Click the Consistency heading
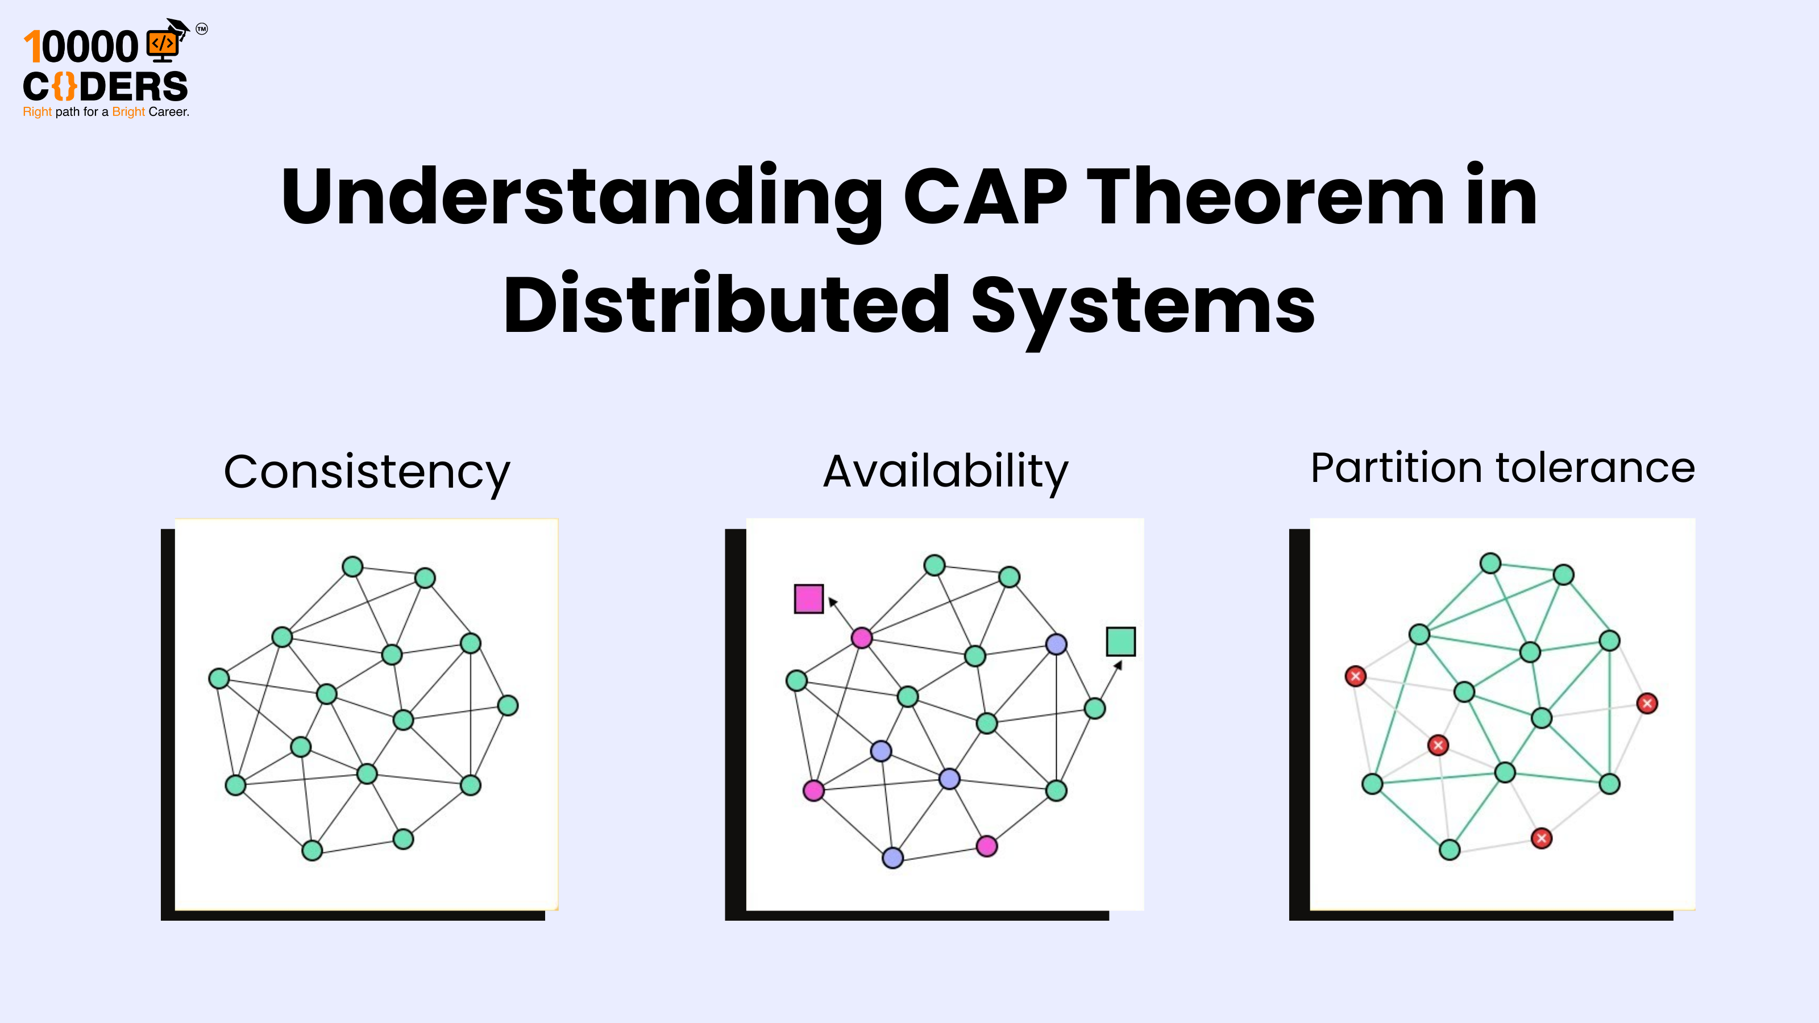point(367,472)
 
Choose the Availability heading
point(945,471)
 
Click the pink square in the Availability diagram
point(808,598)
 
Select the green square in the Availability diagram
point(1120,642)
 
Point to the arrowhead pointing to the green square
point(1118,665)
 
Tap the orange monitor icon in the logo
point(163,44)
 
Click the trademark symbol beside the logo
point(202,29)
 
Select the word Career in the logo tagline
point(168,111)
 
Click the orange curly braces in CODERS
point(64,87)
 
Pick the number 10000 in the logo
point(81,47)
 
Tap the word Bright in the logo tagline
point(128,111)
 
